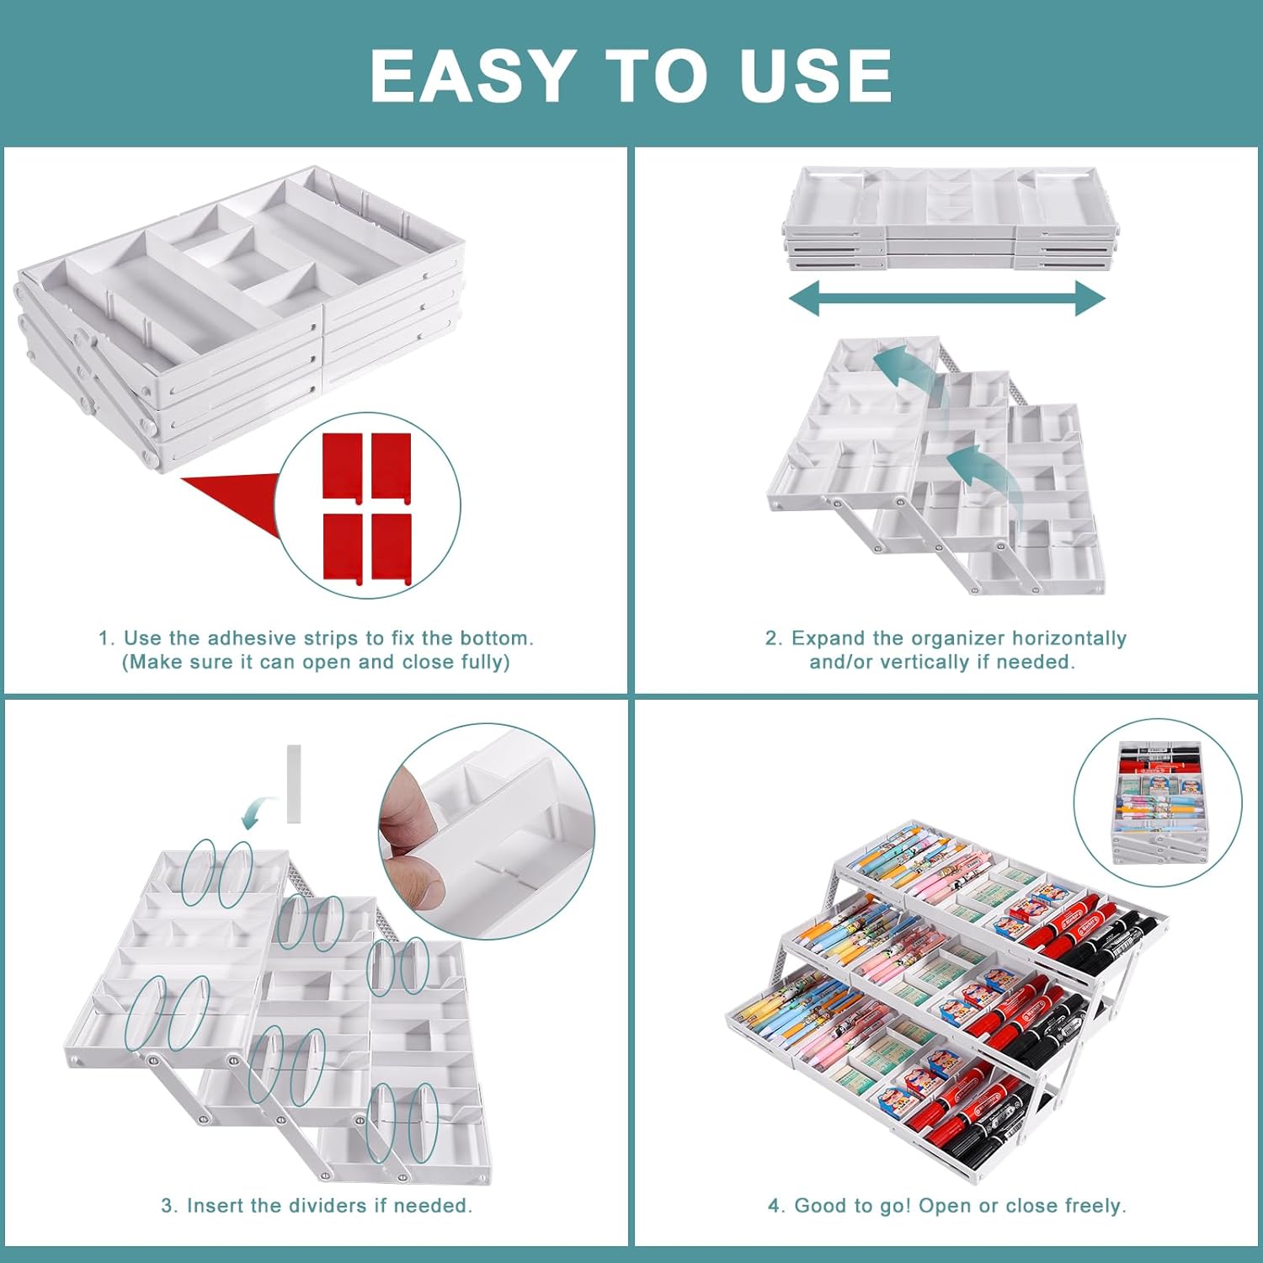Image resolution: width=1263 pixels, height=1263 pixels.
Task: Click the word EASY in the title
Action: tap(472, 75)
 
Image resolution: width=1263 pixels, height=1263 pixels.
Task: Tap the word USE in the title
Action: tap(814, 75)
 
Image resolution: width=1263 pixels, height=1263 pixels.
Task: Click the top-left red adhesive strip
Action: tap(343, 467)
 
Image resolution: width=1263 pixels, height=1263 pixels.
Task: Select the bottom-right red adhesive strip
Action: tap(392, 548)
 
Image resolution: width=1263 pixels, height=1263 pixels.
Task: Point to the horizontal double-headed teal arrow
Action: tap(946, 298)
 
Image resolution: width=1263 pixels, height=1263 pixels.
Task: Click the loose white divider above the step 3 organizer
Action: tap(294, 783)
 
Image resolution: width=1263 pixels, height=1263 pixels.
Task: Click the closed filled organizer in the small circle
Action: tap(1160, 802)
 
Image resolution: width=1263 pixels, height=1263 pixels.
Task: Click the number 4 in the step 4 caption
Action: tap(775, 1206)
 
